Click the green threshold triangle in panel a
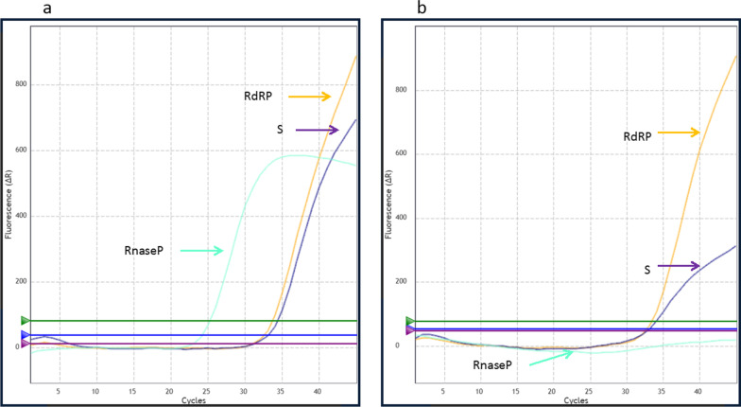point(26,321)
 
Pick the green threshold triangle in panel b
point(410,322)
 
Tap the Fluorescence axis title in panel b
point(389,189)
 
